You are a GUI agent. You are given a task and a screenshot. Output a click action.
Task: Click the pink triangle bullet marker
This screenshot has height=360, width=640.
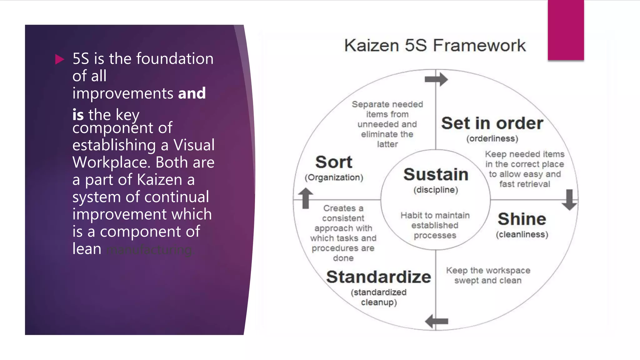[59, 59]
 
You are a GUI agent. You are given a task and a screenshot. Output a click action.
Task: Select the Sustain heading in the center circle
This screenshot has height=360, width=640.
[436, 174]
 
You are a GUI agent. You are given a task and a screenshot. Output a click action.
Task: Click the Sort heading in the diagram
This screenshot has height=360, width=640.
[334, 162]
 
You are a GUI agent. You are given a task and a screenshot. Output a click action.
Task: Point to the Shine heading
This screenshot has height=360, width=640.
[522, 219]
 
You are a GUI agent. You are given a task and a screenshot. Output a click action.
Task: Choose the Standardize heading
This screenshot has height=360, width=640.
[378, 277]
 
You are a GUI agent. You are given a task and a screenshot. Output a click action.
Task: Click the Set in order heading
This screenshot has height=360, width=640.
[492, 123]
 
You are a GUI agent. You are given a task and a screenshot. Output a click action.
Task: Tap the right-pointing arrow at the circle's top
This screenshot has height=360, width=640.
[437, 79]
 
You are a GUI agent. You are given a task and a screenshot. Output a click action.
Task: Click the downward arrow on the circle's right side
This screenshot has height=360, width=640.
[569, 200]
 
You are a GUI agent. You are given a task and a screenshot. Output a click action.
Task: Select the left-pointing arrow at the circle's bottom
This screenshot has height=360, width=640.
[437, 321]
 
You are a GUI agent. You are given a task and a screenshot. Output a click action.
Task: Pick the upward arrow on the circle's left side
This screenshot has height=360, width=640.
[306, 198]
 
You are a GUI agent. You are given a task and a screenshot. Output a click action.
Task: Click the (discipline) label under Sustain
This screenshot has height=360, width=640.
[436, 190]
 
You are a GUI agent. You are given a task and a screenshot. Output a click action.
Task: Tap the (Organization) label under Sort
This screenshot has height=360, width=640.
[334, 177]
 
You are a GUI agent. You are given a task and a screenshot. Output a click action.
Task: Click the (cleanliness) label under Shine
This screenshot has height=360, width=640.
[522, 235]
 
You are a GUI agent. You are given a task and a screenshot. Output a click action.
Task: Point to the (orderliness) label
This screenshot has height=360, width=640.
[492, 139]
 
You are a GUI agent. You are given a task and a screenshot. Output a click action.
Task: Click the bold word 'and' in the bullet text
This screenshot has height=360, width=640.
[192, 93]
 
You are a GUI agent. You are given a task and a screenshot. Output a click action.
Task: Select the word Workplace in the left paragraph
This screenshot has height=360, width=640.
[111, 162]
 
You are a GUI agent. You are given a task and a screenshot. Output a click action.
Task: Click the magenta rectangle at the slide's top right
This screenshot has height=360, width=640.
[566, 30]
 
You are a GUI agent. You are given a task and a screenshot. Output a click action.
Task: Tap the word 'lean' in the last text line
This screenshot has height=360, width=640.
[87, 249]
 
